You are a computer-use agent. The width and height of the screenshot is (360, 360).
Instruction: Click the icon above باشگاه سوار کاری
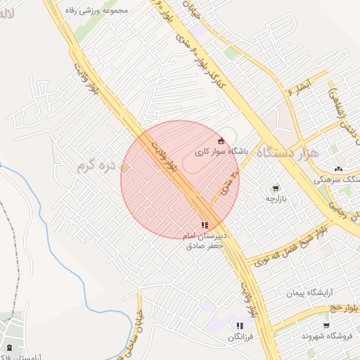[x=221, y=140]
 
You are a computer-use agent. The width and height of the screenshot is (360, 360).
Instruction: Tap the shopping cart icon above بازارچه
[x=275, y=188]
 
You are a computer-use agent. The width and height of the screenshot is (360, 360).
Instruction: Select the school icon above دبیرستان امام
[x=205, y=225]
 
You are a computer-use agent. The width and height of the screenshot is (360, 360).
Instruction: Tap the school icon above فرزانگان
[x=240, y=326]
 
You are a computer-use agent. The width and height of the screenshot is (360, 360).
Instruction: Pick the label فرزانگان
[x=240, y=337]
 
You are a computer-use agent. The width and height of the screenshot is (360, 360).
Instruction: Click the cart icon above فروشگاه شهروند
[x=326, y=325]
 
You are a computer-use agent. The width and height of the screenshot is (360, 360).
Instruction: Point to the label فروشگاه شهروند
[x=325, y=336]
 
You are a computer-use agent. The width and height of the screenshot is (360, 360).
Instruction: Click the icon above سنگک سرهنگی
[x=339, y=169]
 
